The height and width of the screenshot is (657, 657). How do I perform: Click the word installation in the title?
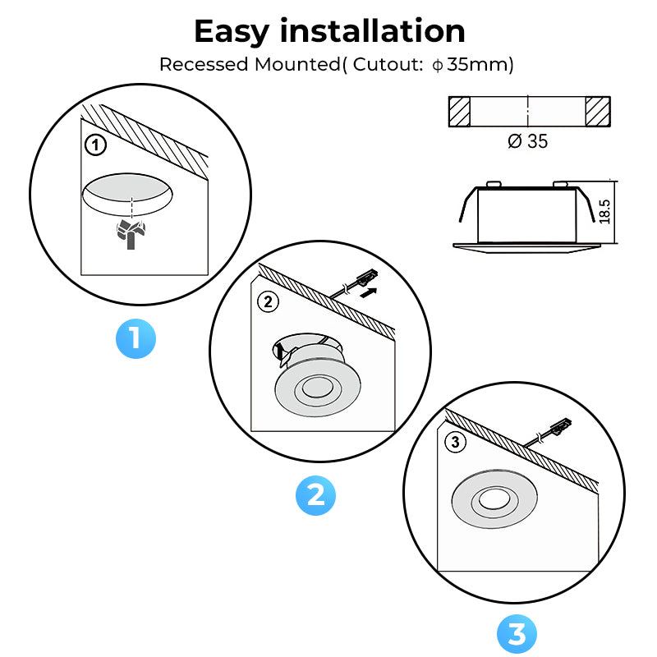click(374, 31)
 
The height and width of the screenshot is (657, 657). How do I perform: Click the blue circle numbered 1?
click(136, 338)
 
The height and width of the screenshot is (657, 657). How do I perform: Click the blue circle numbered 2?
click(316, 495)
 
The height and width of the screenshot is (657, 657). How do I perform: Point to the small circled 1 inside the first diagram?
click(95, 146)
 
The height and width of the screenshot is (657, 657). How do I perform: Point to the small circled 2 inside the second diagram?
click(269, 302)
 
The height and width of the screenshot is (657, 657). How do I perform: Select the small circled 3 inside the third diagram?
click(457, 443)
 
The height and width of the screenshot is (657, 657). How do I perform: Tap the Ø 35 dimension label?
click(528, 141)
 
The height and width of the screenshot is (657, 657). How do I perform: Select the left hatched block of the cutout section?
click(459, 111)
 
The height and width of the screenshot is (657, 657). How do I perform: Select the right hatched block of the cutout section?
click(598, 111)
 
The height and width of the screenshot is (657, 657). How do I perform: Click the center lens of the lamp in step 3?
click(495, 500)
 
